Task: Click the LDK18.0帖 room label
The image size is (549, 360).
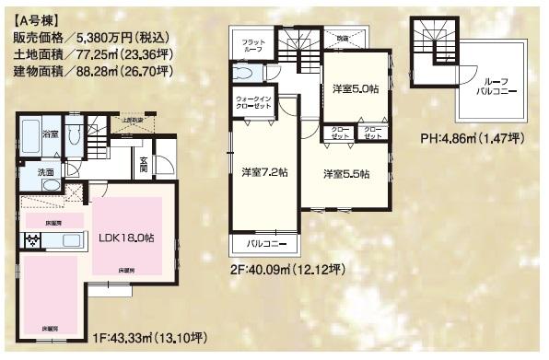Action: tap(127, 237)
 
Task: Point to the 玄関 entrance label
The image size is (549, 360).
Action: tap(144, 165)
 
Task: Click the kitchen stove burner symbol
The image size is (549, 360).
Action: tap(33, 241)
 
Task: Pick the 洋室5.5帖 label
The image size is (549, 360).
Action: tap(345, 174)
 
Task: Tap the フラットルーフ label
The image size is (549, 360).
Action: tap(253, 47)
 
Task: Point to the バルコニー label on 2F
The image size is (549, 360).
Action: tap(264, 245)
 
